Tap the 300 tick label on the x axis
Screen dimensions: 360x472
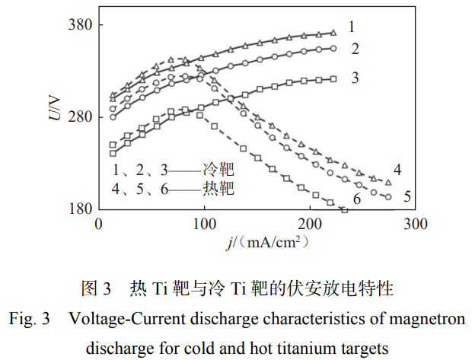coord(415,225)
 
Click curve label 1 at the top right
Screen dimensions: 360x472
coord(352,27)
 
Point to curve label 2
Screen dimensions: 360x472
coord(355,49)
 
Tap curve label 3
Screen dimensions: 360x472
coord(355,78)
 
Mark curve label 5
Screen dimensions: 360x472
coord(407,196)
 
